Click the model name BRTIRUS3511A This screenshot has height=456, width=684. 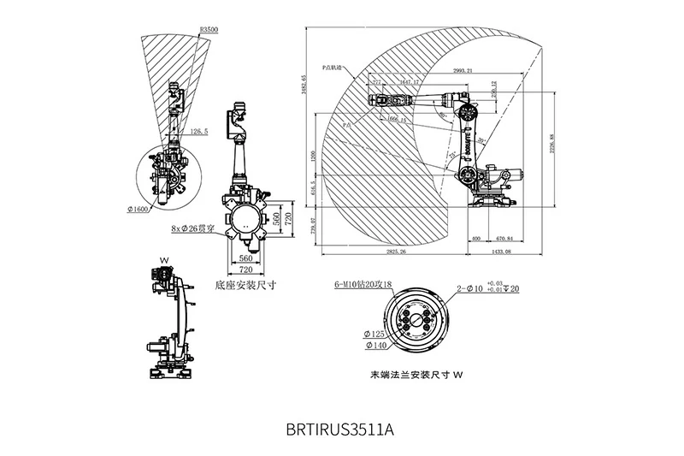pos(340,428)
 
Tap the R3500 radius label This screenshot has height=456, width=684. pos(208,29)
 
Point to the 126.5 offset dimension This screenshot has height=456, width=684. pos(198,132)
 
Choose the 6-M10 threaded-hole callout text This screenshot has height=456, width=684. pos(363,285)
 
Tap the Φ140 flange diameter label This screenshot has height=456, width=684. pos(375,346)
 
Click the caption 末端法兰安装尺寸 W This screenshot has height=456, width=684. pos(416,375)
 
